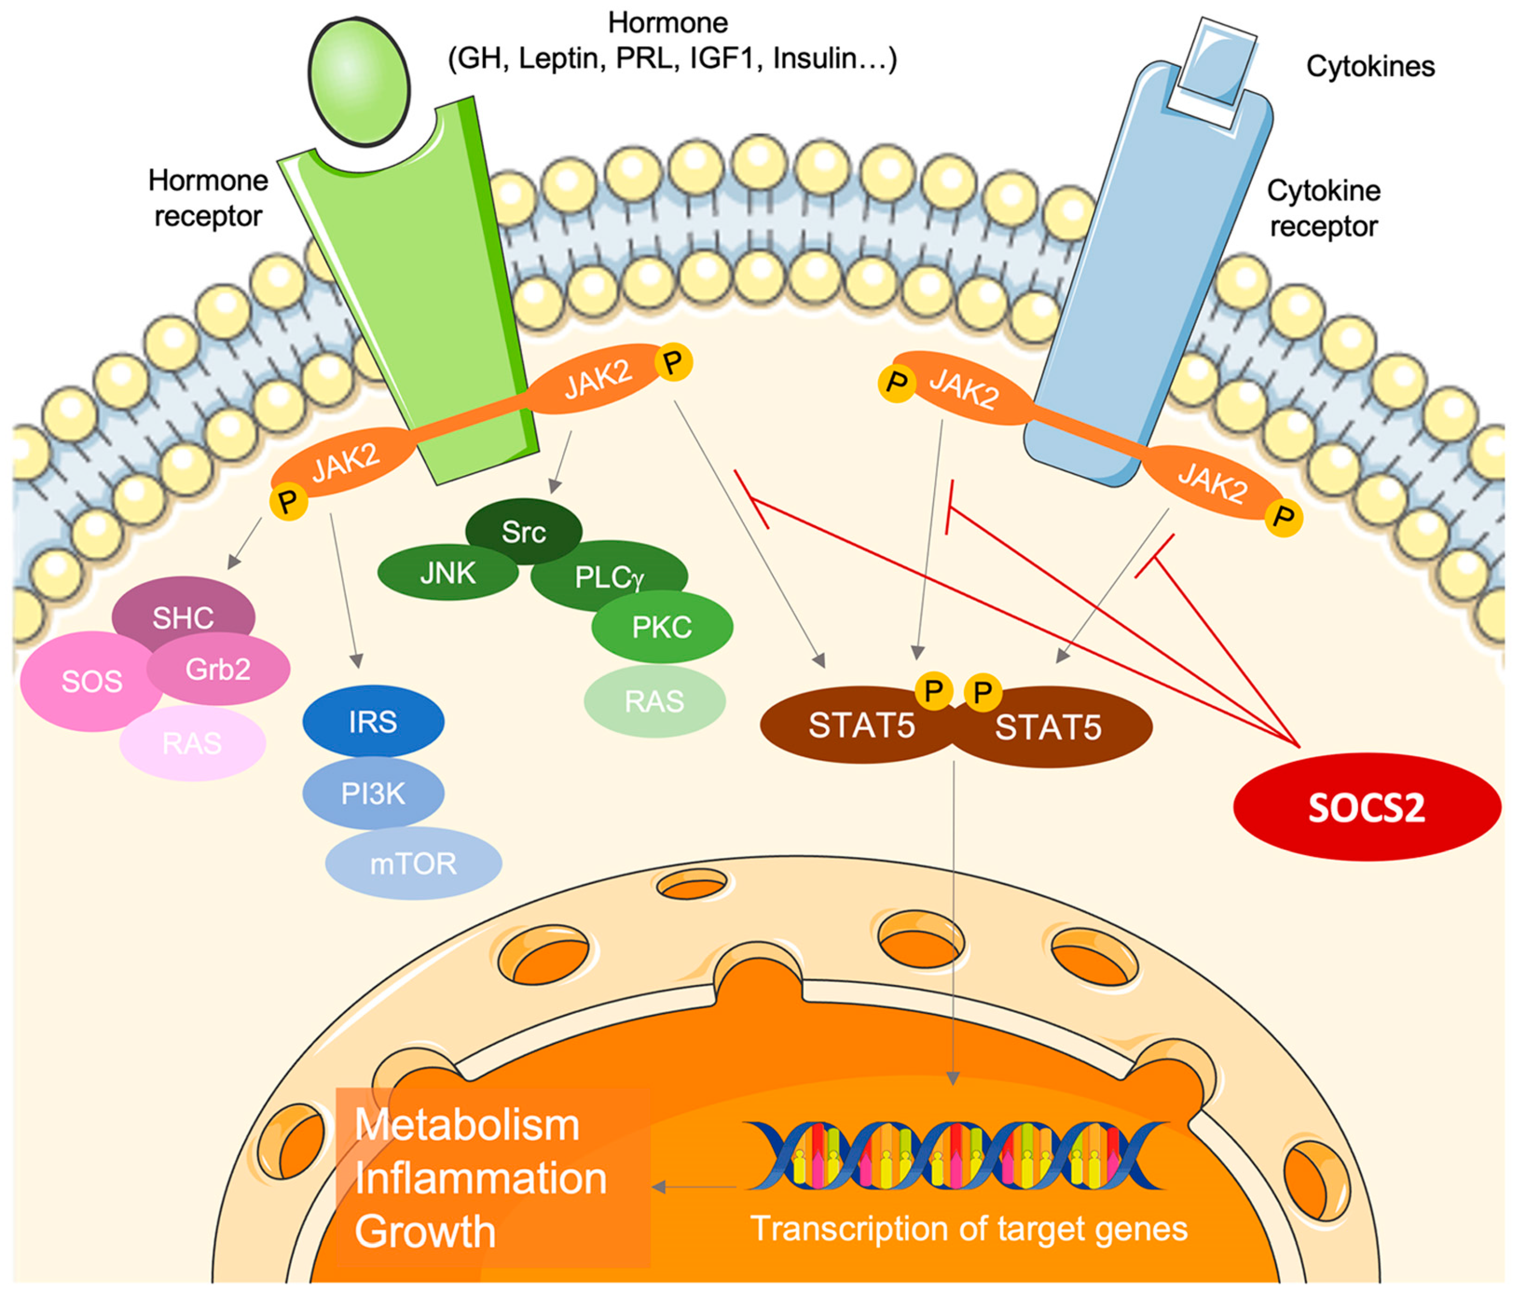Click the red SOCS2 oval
pos(1367,807)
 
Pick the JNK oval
pos(447,573)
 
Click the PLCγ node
pos(609,577)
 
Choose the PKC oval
pos(662,627)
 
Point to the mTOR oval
pos(414,863)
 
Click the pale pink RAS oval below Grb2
pos(192,743)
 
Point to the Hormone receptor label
pos(208,198)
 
